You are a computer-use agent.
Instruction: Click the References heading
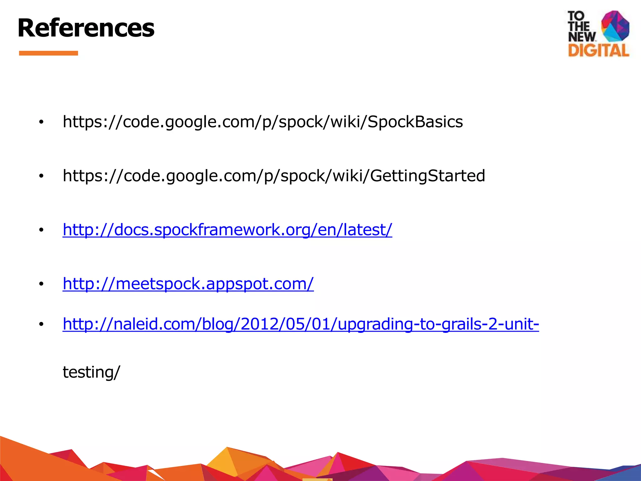click(x=86, y=28)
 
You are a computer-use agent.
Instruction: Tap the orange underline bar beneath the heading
click(x=49, y=53)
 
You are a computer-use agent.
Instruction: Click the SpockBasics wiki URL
click(x=263, y=122)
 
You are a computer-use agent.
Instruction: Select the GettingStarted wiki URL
click(x=274, y=176)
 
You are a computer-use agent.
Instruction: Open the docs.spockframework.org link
click(x=227, y=230)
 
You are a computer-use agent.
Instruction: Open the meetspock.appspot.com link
click(x=188, y=284)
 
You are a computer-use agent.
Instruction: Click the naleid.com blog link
click(x=300, y=324)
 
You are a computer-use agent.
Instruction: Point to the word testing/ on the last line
click(x=91, y=372)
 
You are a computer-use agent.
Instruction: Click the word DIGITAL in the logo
click(x=598, y=50)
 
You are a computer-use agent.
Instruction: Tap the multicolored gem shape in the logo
click(x=615, y=26)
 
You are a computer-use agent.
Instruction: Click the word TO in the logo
click(x=576, y=16)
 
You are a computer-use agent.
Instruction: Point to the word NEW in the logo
click(x=582, y=37)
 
